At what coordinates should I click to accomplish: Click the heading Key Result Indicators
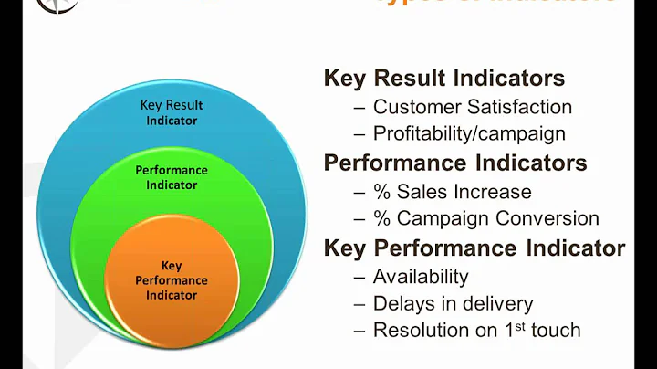pos(444,79)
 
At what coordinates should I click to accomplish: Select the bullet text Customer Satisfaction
pos(473,107)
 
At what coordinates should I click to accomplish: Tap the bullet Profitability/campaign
pos(469,133)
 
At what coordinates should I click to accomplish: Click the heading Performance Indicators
pos(455,163)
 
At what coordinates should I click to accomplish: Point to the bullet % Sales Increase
pos(453,192)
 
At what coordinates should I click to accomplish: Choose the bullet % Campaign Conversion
pos(486,219)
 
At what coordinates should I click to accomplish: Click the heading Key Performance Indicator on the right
pos(474,248)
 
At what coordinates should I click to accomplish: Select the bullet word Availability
pos(421,276)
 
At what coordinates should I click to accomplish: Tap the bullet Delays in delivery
pos(454,303)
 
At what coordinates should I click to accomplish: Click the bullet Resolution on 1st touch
pos(476,330)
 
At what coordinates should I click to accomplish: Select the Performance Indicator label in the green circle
pos(172,178)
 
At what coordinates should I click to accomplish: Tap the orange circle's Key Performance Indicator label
pos(172,280)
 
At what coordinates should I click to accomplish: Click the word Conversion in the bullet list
pos(552,219)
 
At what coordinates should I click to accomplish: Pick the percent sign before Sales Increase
pos(381,192)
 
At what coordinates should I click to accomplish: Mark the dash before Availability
pos(360,276)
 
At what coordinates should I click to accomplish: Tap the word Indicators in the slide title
pos(566,4)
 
